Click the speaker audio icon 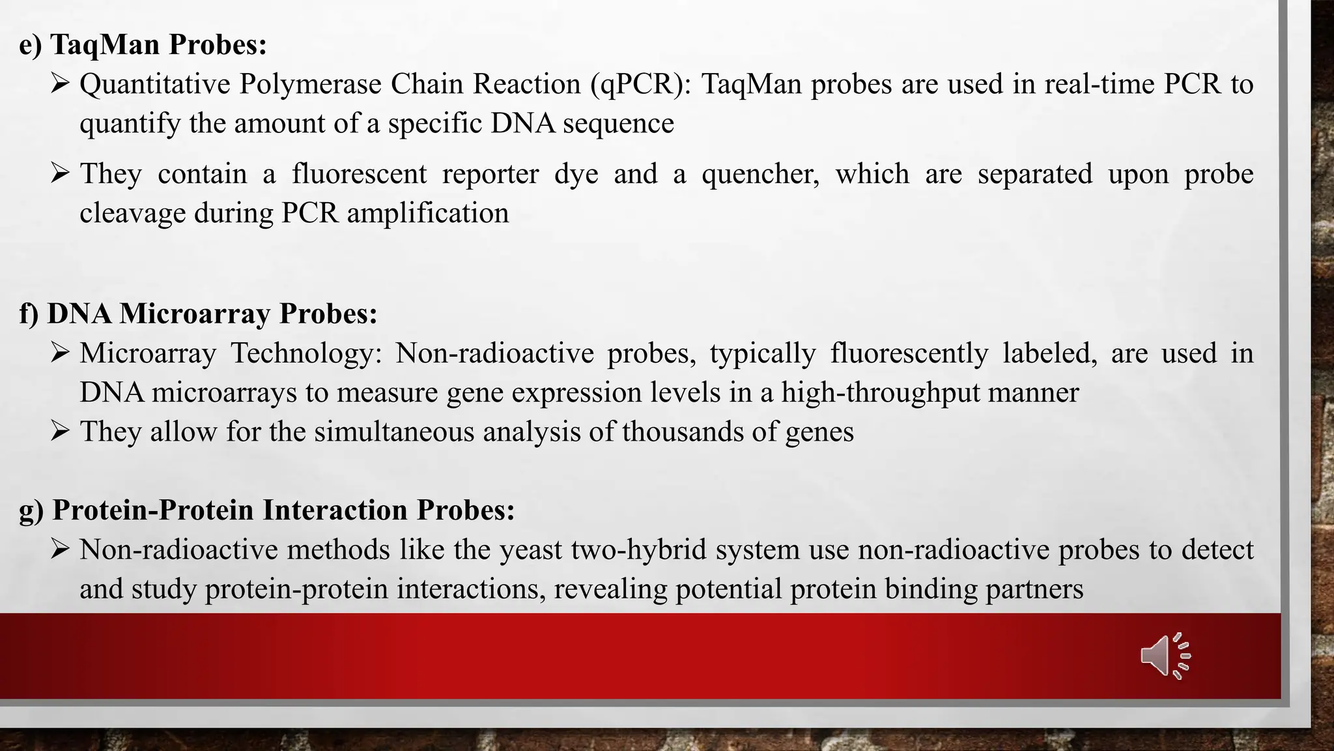1165,656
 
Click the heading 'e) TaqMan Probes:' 143,45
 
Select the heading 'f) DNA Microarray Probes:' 198,314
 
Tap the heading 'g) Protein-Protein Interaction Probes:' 267,510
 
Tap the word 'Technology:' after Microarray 305,353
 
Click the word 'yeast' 530,550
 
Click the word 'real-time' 1100,85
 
